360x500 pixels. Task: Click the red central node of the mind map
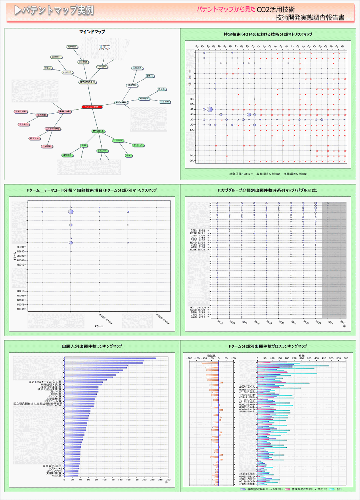tap(92, 107)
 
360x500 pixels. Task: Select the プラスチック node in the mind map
tap(138, 145)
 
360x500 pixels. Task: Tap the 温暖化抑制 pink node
tap(20, 112)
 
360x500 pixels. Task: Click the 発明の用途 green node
tap(98, 131)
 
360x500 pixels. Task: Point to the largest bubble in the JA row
tap(210, 109)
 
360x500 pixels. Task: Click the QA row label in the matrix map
tap(192, 160)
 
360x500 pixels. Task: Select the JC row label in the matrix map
tap(192, 119)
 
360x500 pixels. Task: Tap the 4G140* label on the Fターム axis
tap(22, 252)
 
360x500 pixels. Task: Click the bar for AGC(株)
tap(71, 476)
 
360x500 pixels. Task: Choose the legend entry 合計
tap(338, 489)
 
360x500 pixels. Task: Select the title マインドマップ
tap(92, 32)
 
